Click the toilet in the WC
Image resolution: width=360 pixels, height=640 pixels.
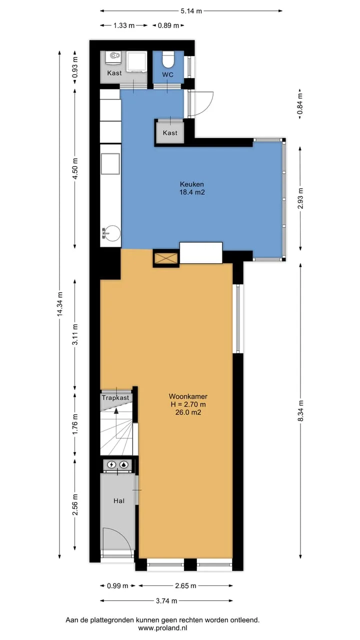point(168,59)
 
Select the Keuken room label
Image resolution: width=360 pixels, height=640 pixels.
point(191,184)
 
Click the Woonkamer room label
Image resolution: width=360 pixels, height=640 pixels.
point(188,396)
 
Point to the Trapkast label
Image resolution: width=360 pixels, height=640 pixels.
point(115,397)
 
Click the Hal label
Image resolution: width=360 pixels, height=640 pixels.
point(119,501)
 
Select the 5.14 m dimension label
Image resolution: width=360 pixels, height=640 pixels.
point(191,11)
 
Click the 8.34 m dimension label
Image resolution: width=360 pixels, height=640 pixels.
point(300,410)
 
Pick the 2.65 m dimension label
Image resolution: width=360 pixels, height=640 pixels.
point(185,585)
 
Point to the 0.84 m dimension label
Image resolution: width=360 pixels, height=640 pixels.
point(300,103)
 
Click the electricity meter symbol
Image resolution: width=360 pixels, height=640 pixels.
point(111,465)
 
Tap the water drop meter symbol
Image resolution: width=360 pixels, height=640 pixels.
point(123,465)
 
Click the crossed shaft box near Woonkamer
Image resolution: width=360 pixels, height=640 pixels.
point(166,258)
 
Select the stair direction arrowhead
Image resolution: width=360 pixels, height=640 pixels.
point(116,411)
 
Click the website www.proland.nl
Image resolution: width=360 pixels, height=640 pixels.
point(162,628)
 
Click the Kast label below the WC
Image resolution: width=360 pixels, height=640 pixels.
point(170,133)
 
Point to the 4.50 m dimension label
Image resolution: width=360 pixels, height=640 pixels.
point(75,168)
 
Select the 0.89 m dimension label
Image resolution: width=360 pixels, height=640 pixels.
point(168,25)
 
